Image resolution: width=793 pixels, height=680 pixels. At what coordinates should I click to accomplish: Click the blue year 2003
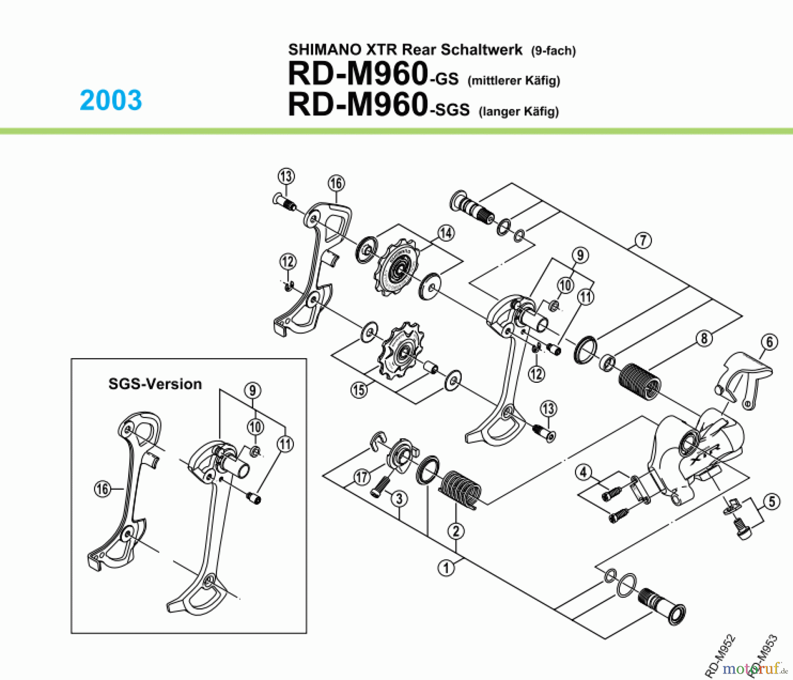tap(111, 100)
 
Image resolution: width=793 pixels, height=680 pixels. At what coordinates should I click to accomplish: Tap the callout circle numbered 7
tap(643, 240)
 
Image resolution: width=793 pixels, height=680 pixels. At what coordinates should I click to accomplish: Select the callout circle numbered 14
tap(446, 233)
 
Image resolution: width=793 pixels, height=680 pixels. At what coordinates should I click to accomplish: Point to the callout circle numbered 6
tap(769, 342)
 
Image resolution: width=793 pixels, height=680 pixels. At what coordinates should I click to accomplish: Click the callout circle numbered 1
tap(446, 568)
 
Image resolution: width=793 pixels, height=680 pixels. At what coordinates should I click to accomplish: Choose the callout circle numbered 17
tap(362, 477)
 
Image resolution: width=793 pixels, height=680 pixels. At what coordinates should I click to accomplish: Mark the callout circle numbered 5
tap(771, 502)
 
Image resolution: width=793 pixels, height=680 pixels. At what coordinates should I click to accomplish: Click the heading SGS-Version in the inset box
tap(155, 384)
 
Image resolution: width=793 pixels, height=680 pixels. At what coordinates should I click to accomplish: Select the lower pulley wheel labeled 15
tap(401, 351)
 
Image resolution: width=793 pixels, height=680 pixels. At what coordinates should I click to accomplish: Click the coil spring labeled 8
tap(640, 381)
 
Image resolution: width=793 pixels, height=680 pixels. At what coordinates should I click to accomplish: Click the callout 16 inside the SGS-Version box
tap(103, 489)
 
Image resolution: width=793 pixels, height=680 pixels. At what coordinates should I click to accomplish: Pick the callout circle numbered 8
tap(704, 338)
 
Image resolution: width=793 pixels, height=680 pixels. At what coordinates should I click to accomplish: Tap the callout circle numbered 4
tap(583, 472)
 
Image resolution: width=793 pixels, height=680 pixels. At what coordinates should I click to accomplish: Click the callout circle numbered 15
tap(359, 389)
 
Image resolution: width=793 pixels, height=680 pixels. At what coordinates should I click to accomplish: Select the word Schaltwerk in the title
tap(482, 49)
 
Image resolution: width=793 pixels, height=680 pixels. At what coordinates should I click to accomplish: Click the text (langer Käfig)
tap(519, 111)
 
